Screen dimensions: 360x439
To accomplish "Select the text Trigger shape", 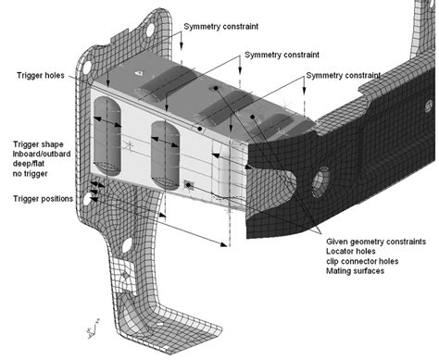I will (x=40, y=145).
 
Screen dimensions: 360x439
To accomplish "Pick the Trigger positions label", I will (x=45, y=199).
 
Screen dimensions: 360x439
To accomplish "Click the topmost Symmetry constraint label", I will (x=221, y=27).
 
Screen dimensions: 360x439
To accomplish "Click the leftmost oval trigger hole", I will (x=110, y=121).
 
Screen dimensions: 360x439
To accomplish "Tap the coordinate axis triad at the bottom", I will (x=88, y=328).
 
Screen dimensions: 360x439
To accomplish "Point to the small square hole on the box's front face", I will (x=188, y=184).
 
